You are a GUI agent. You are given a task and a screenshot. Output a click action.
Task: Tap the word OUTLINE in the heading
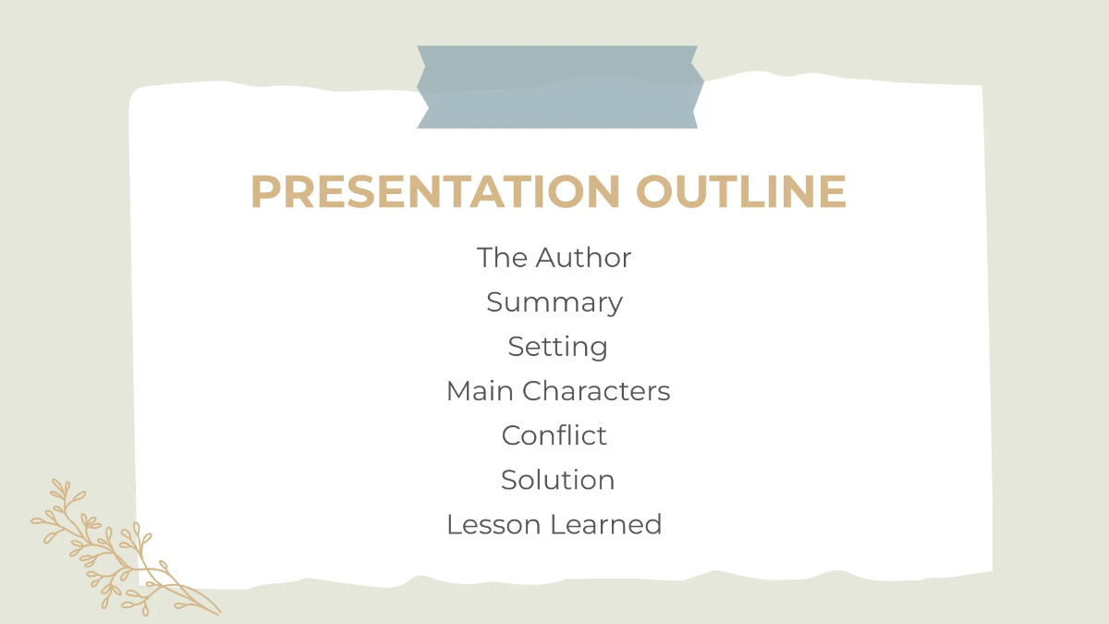click(740, 191)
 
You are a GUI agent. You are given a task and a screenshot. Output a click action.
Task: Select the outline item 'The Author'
click(554, 258)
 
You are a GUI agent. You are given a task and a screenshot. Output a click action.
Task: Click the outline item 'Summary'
click(554, 302)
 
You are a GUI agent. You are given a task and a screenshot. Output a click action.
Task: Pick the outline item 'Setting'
click(557, 347)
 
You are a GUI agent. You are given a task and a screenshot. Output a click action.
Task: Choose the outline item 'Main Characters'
click(558, 391)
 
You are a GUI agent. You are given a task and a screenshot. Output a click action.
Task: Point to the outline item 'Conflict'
click(554, 435)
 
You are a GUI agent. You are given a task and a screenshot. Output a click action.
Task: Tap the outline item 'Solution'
click(557, 480)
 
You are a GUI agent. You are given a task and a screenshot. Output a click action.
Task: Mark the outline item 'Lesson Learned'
click(554, 524)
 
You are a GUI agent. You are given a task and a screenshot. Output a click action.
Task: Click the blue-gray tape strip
click(559, 87)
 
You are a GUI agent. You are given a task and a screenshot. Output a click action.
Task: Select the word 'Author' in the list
click(583, 258)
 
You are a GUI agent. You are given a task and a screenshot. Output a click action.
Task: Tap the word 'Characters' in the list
click(596, 391)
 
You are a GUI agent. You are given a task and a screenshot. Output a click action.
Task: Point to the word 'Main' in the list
click(481, 391)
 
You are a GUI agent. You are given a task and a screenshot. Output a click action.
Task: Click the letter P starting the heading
click(265, 191)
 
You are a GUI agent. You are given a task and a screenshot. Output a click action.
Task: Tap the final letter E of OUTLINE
click(832, 191)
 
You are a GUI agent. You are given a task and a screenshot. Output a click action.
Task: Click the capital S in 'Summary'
click(494, 302)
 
